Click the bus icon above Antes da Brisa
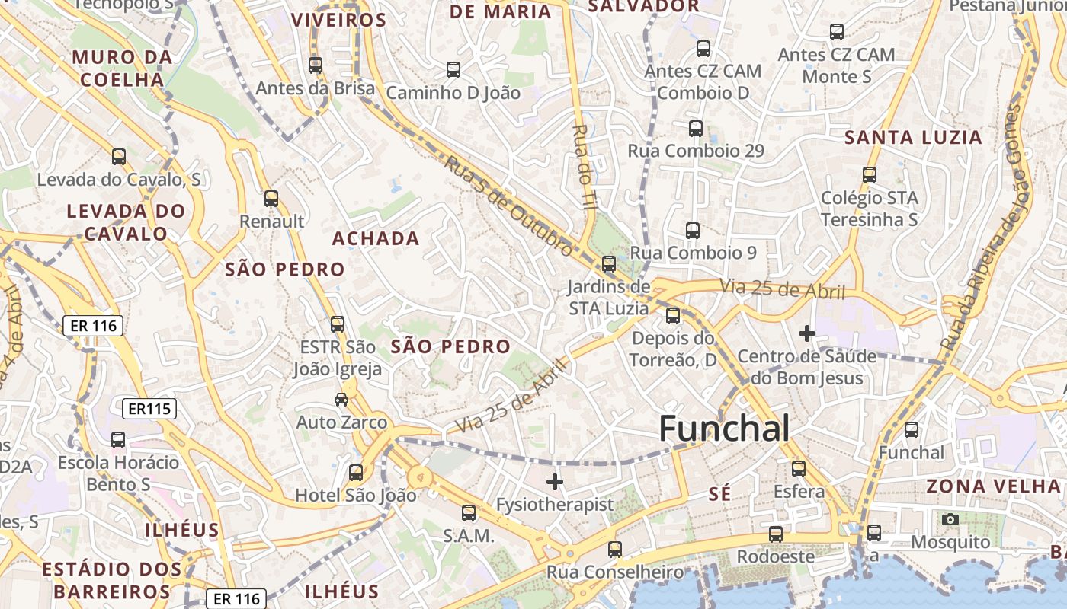pos(316,65)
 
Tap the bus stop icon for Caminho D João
pos(453,70)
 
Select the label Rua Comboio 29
pos(695,151)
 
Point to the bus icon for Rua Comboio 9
pos(693,230)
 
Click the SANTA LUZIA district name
pos(914,138)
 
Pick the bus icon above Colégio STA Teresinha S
pos(870,175)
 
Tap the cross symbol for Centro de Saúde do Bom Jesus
pos(807,333)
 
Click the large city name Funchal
pos(724,429)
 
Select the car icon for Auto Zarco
pos(341,400)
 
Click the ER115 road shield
pos(149,409)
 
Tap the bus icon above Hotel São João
pos(356,473)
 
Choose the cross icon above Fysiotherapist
pos(555,482)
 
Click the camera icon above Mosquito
pos(950,520)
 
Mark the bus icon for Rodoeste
pos(776,534)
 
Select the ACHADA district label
pos(376,239)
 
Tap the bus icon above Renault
pos(271,199)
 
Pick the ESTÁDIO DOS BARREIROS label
pos(112,580)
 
